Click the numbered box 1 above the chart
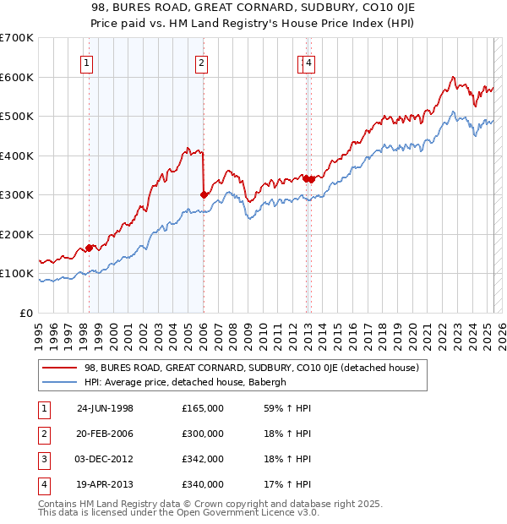coord(88,62)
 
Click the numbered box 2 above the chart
coord(202,62)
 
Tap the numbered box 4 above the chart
coord(309,62)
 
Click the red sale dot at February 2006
coord(204,194)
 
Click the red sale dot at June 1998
coord(90,248)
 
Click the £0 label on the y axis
coord(26,313)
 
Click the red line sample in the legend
coord(60,368)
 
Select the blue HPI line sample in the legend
coord(60,381)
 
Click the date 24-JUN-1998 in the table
coord(105,408)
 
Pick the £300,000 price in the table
coord(203,434)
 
